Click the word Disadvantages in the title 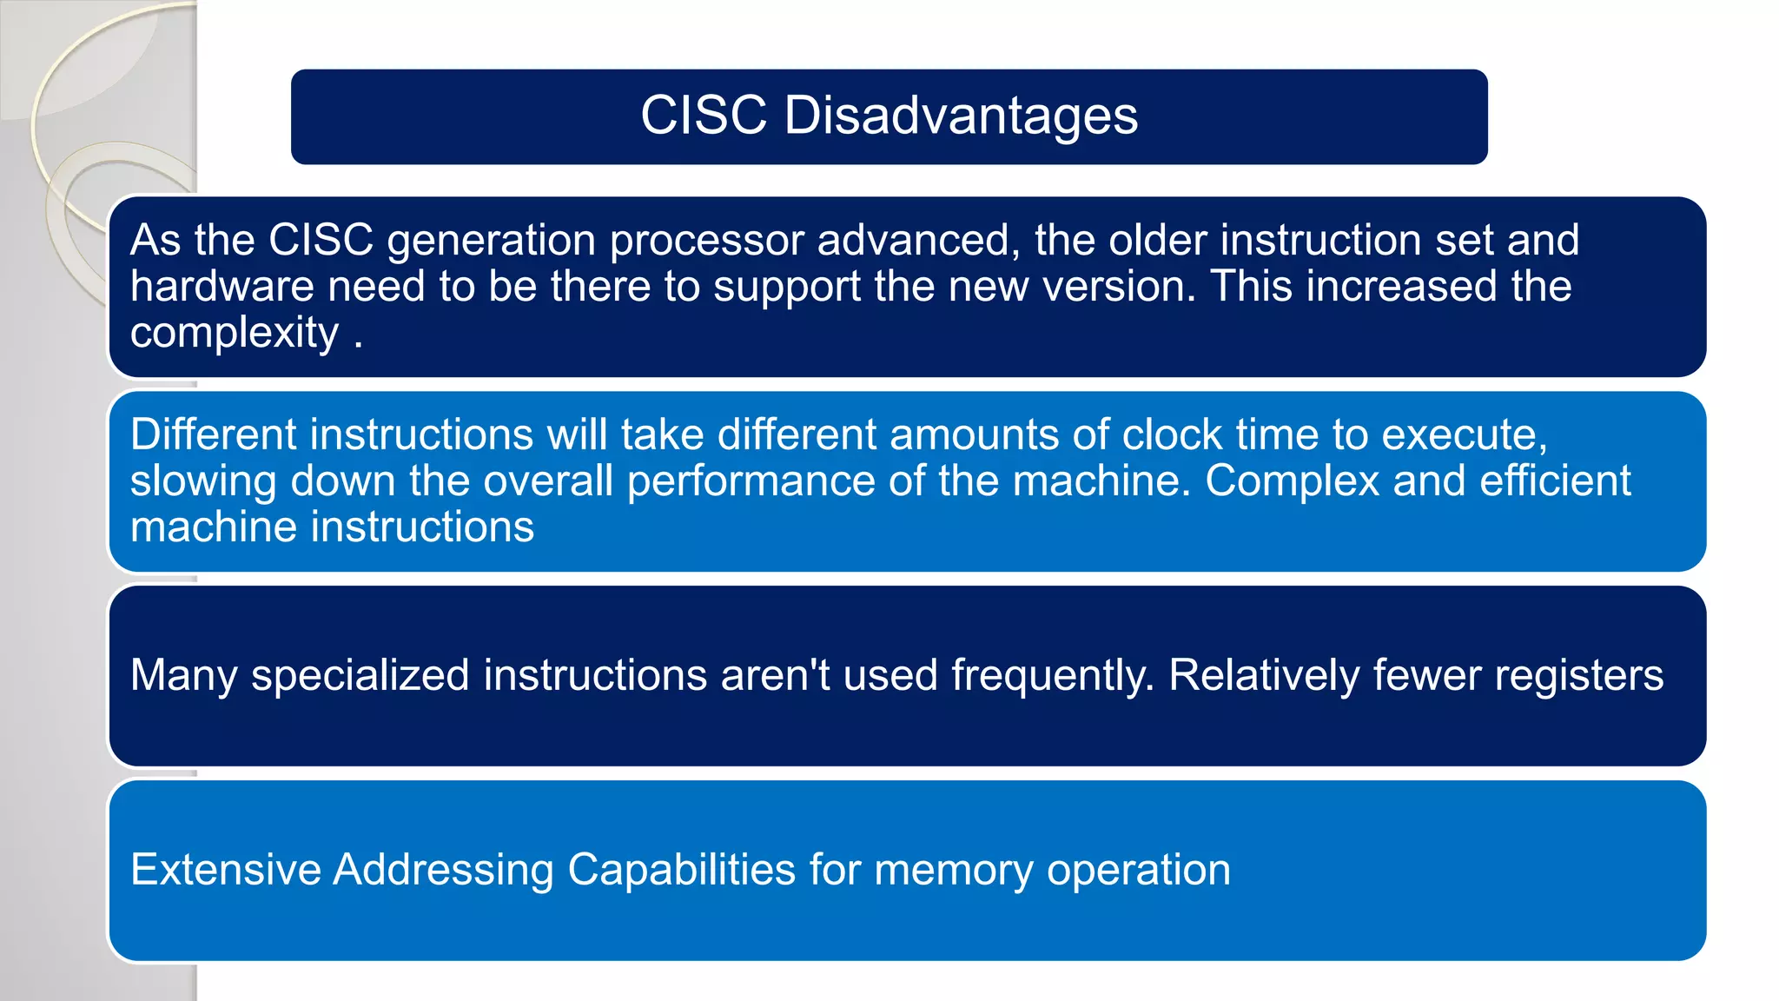click(961, 116)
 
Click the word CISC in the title click(704, 116)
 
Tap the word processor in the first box click(706, 241)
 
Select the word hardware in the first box click(222, 287)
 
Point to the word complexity click(235, 334)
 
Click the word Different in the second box click(213, 434)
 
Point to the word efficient click(1555, 481)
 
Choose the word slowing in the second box click(203, 481)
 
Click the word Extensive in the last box click(226, 870)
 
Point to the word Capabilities click(681, 870)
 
